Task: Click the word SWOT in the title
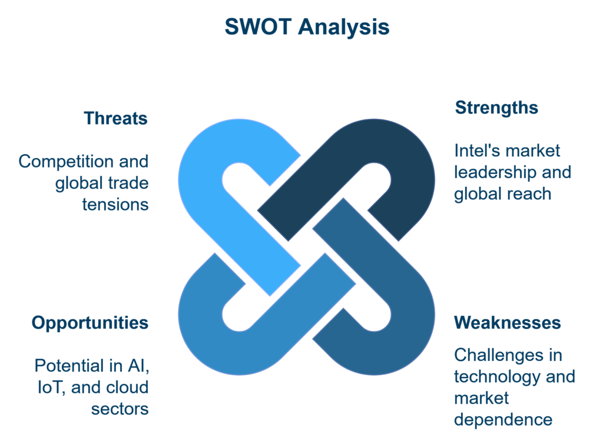coord(258,27)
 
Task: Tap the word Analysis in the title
coord(344,28)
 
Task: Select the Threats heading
coord(116,118)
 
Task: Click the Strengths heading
coord(496,108)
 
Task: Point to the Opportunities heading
coord(90,323)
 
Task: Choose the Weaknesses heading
coord(508,323)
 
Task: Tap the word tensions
coord(115,205)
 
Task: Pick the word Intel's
coord(475,151)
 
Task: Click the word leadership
coord(496,172)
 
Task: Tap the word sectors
coord(120,409)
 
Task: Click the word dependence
coord(503,419)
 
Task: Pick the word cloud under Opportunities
coord(127,387)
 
